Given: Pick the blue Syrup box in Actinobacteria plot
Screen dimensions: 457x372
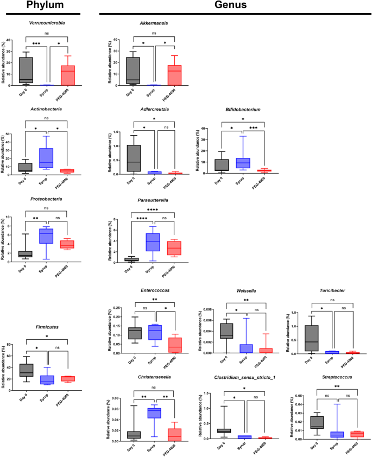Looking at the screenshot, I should (x=46, y=157).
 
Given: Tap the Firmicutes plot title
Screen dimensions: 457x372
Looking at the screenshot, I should (x=46, y=325).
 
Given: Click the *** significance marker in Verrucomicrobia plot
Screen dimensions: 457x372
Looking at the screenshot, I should (x=36, y=43).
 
